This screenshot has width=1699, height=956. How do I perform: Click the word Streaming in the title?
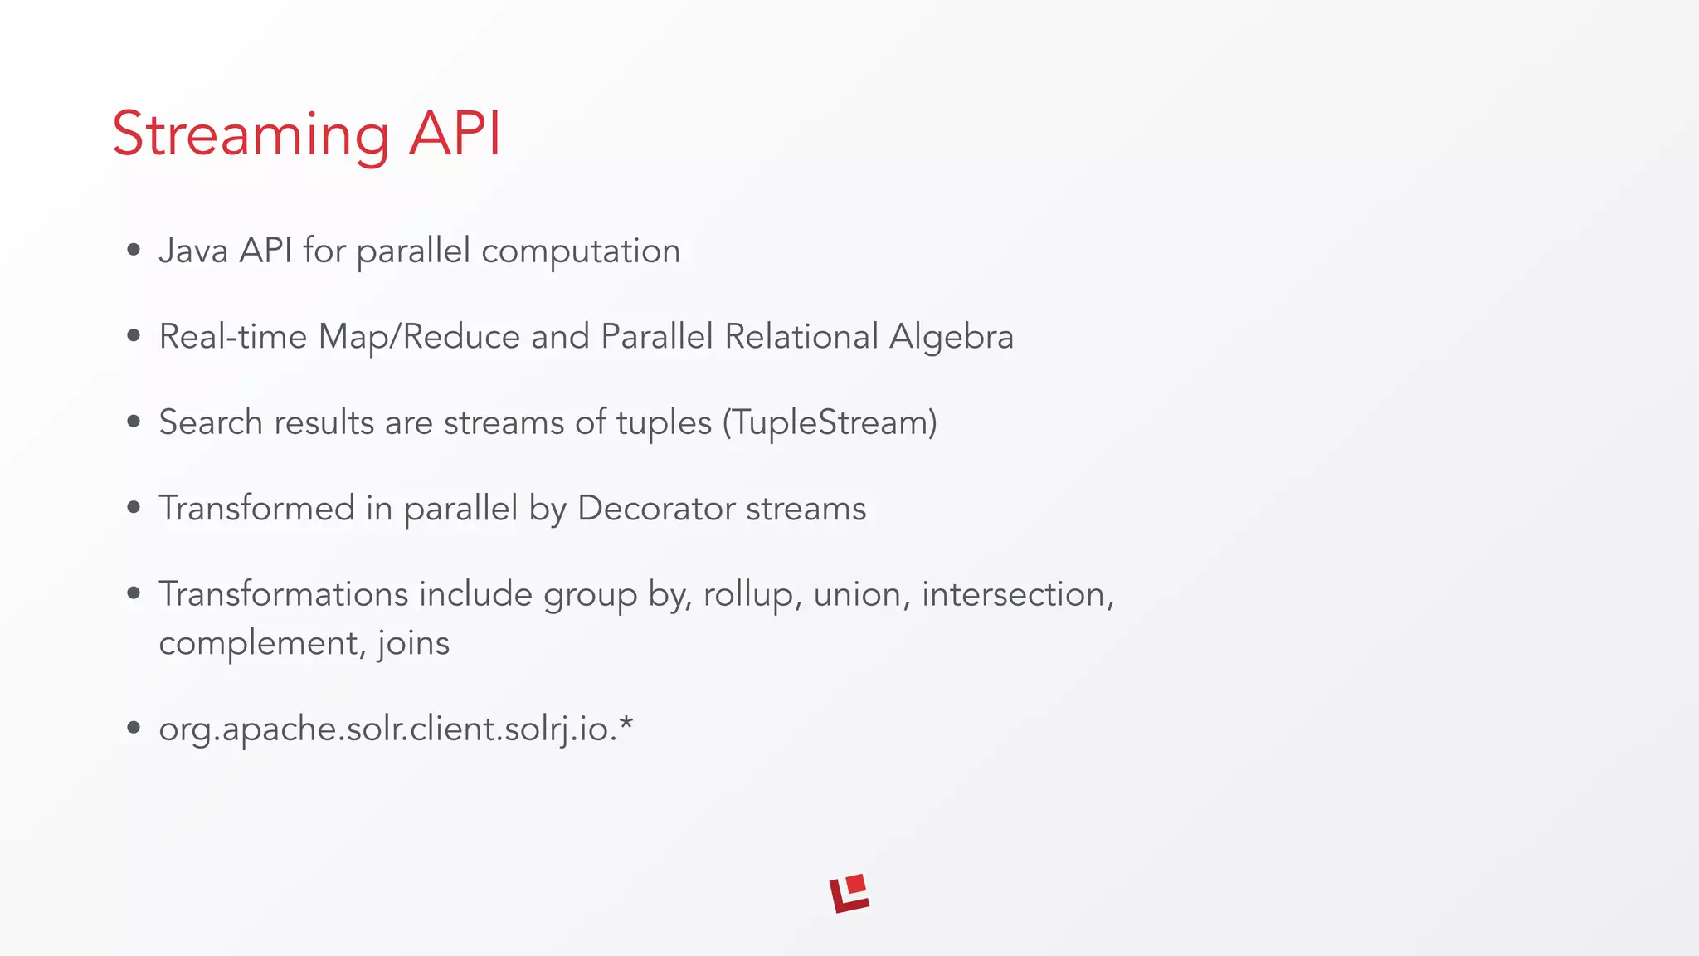click(251, 134)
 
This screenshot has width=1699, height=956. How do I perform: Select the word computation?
click(581, 251)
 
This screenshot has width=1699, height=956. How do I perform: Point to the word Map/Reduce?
click(419, 337)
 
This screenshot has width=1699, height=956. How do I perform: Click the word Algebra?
click(952, 337)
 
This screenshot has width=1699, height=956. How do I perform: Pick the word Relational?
click(801, 336)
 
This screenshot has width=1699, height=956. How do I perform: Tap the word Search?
click(211, 422)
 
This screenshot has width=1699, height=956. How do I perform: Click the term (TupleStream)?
click(830, 422)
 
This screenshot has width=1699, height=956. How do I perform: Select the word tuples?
click(664, 423)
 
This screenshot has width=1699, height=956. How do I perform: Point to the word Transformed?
click(256, 508)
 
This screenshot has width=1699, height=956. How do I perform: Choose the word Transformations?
click(284, 594)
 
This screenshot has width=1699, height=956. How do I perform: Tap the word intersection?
click(1017, 594)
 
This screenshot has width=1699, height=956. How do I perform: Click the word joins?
click(413, 643)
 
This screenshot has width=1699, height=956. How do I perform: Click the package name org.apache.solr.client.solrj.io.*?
click(396, 729)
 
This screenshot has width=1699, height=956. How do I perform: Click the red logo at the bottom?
click(849, 893)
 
